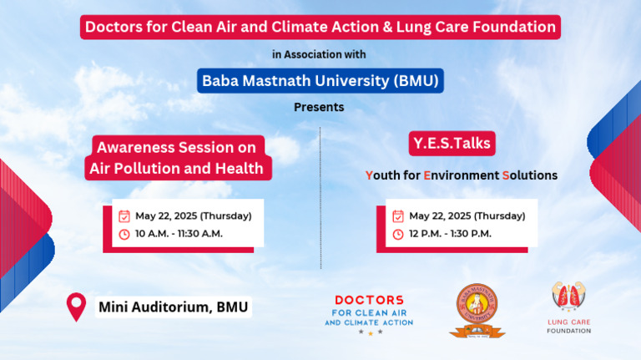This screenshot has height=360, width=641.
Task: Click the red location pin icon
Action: (x=77, y=306)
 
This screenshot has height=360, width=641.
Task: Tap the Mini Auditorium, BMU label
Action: (x=174, y=307)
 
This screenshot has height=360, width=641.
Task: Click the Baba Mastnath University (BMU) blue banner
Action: (x=320, y=81)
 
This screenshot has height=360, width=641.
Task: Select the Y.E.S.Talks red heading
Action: (x=452, y=144)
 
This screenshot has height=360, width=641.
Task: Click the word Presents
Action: (x=319, y=108)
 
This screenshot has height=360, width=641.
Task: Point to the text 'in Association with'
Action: (x=319, y=54)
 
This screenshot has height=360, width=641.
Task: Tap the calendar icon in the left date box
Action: (x=124, y=215)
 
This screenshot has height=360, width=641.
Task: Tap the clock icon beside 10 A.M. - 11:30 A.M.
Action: (x=124, y=234)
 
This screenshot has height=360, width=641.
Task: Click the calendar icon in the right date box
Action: (x=398, y=215)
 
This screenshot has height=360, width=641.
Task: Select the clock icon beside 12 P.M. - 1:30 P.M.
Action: (x=398, y=234)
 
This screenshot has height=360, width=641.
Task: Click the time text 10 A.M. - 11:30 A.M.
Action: (x=179, y=234)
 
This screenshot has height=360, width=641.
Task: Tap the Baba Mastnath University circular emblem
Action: (x=477, y=309)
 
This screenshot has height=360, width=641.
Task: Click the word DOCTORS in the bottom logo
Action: (x=369, y=300)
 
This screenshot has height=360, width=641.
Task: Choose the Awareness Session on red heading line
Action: (x=176, y=147)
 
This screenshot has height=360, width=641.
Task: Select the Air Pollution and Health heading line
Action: (x=176, y=169)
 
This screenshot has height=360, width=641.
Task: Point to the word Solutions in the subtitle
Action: (x=529, y=175)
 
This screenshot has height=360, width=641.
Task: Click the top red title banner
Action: (x=320, y=27)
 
